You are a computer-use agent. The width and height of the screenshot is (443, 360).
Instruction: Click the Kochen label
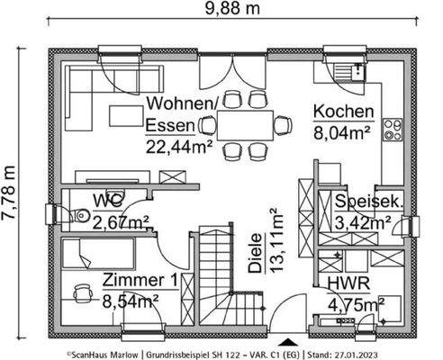tap(343, 112)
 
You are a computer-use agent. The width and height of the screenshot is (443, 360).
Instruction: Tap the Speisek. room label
tap(368, 201)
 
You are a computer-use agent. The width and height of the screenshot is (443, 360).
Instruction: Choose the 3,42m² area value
tap(362, 220)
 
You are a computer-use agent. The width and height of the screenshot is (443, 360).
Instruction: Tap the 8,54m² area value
tap(131, 300)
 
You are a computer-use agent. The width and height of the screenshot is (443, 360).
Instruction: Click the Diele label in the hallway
tap(255, 256)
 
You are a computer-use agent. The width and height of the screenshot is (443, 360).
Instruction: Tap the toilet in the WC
tap(77, 213)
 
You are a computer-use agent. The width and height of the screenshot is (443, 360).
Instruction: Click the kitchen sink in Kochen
tap(344, 70)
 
